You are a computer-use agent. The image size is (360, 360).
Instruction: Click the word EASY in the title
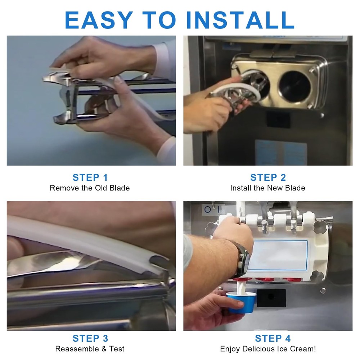tap(99, 20)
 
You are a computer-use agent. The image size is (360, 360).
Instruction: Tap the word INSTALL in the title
tap(240, 20)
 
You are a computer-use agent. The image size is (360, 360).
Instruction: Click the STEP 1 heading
tap(90, 177)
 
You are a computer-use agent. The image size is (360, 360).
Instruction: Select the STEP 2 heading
tap(268, 177)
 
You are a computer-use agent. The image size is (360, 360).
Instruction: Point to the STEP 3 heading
tap(90, 338)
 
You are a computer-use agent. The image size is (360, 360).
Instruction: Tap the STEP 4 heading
tap(273, 338)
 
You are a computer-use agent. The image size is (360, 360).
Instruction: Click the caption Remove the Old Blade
tap(90, 188)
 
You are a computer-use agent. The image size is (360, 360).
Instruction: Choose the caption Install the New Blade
tap(268, 188)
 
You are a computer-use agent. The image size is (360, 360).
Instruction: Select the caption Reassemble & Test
tap(90, 349)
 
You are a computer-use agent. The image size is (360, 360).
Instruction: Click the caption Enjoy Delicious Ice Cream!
tap(268, 349)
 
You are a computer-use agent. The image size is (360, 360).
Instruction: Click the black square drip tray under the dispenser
tap(271, 298)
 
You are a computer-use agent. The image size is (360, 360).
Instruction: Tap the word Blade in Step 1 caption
tap(120, 188)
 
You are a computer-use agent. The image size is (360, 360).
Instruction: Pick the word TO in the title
tap(159, 20)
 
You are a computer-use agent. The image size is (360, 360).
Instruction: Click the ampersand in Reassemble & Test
tap(104, 349)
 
